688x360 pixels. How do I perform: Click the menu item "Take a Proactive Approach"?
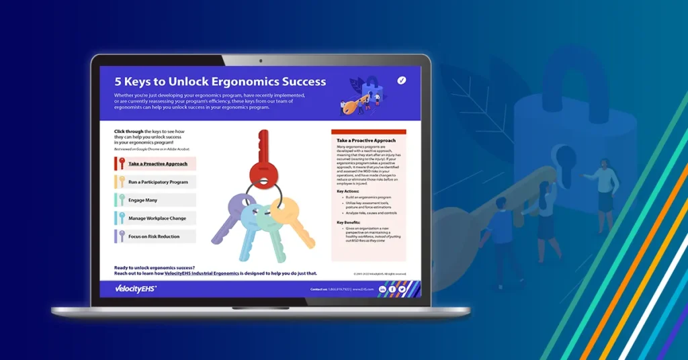point(158,163)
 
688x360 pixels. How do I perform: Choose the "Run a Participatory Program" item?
point(158,181)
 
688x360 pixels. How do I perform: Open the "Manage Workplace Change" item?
point(158,218)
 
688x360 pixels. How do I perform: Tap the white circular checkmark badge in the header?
point(402,80)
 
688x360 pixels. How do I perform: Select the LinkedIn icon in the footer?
point(382,289)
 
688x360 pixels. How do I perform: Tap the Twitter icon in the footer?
point(402,289)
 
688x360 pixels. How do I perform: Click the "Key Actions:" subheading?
point(349,191)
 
